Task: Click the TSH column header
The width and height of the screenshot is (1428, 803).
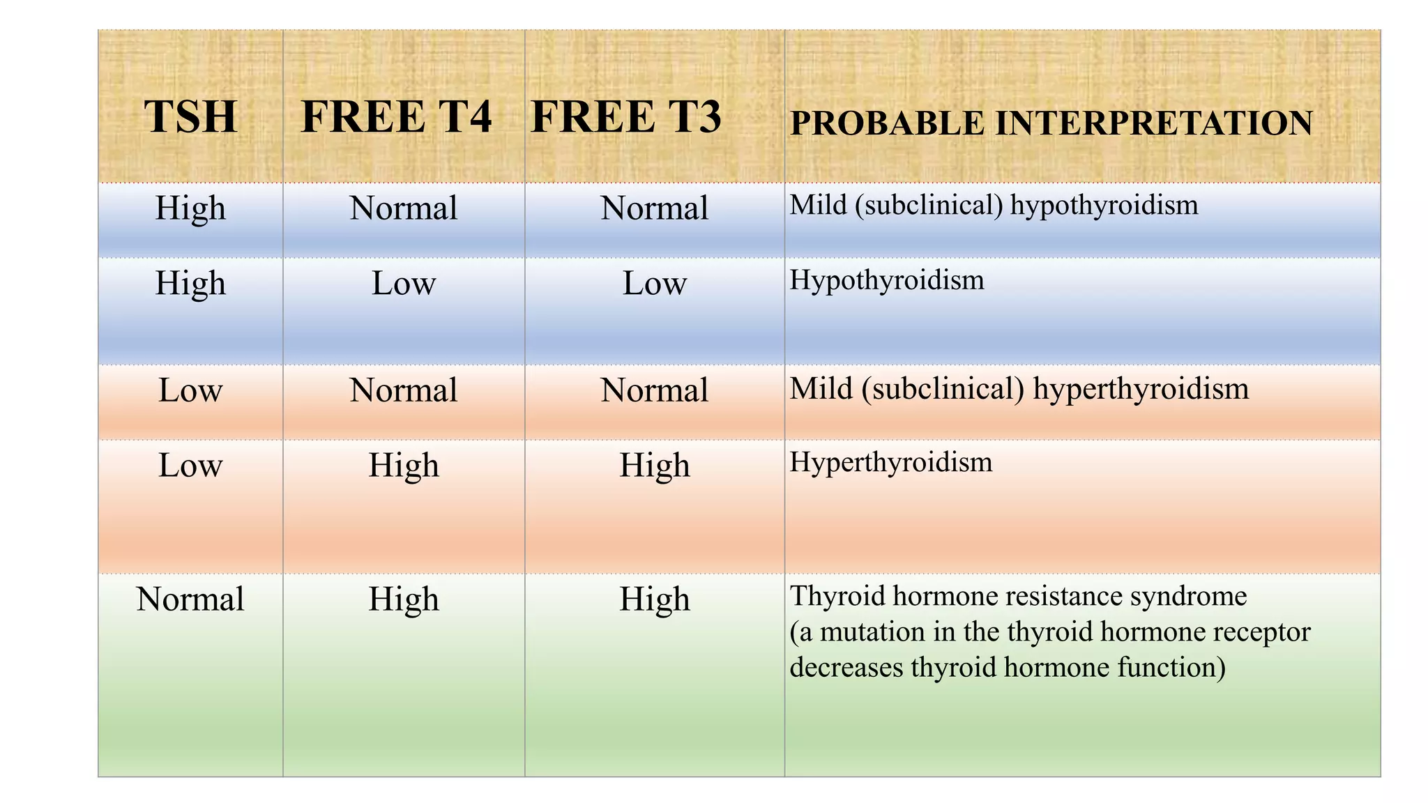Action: coord(190,116)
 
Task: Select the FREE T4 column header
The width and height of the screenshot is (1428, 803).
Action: coord(396,116)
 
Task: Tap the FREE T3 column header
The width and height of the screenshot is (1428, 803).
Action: coord(625,116)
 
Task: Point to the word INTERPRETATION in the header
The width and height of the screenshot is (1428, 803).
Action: coord(1153,123)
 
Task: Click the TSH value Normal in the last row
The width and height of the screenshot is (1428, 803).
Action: coord(190,599)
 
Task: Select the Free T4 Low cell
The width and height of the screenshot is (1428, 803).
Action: coord(403,283)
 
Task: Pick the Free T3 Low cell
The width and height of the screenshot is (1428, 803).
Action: coord(654,283)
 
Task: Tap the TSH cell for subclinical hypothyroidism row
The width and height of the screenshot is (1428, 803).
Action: coord(190,208)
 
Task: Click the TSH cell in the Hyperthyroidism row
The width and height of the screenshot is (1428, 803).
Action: coord(190,465)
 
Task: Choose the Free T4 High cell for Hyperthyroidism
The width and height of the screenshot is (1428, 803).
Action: coord(403,465)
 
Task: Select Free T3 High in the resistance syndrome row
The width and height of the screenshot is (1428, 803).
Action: coord(654,599)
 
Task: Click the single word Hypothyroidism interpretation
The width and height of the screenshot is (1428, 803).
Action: coord(886,280)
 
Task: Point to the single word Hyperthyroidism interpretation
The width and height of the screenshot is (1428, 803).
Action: coord(890,462)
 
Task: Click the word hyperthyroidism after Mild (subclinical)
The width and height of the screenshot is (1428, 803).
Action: coord(1141,389)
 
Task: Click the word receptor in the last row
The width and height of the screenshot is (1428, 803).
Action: coord(1262,632)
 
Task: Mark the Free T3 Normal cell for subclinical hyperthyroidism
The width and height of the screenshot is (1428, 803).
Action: coord(654,390)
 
